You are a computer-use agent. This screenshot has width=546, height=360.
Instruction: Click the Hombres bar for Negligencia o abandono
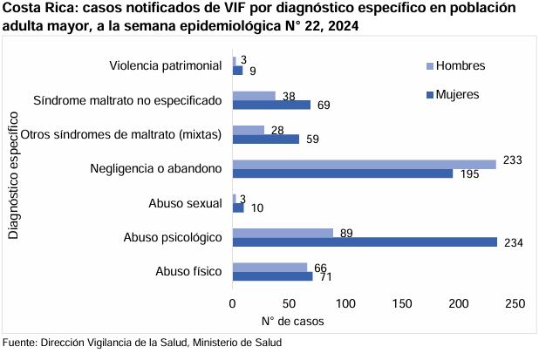[x=364, y=164]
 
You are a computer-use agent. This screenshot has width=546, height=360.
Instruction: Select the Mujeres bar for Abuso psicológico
[x=365, y=241]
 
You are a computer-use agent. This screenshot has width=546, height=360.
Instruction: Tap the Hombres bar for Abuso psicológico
[x=283, y=233]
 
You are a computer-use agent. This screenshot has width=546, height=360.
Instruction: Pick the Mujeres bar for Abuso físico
[x=272, y=276]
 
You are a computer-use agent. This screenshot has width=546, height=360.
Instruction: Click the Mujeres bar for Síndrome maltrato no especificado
[x=271, y=105]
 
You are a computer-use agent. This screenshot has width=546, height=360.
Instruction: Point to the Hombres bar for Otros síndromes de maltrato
[x=249, y=130]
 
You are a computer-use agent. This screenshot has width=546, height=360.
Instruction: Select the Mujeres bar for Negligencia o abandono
[x=342, y=173]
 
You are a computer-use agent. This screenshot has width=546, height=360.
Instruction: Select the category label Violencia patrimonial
[x=166, y=66]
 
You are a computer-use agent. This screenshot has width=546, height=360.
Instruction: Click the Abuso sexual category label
[x=186, y=203]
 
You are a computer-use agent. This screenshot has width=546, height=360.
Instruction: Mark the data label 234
[x=514, y=242]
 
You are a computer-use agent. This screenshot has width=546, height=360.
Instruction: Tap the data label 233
[x=511, y=160]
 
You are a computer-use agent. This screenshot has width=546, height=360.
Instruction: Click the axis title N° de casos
[x=290, y=321]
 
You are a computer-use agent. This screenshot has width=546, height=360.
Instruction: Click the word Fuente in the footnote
[x=19, y=342]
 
